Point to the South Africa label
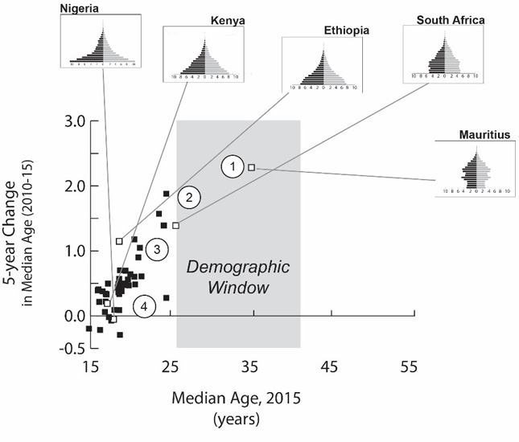click(x=450, y=18)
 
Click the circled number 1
click(x=232, y=167)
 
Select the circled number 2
click(x=188, y=197)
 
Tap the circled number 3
click(x=158, y=250)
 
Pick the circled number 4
click(x=143, y=306)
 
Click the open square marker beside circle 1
click(x=252, y=167)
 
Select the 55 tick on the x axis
click(x=408, y=367)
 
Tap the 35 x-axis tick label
click(x=249, y=367)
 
